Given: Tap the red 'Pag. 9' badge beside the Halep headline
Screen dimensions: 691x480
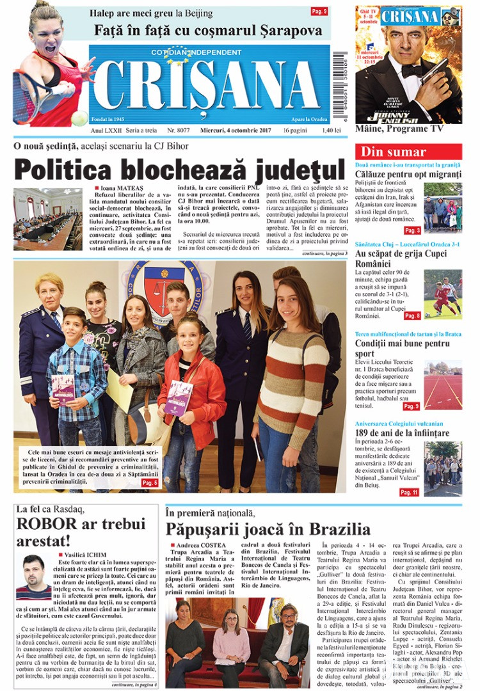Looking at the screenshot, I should pyautogui.click(x=319, y=12).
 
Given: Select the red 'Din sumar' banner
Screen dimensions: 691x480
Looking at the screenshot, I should pyautogui.click(x=394, y=152).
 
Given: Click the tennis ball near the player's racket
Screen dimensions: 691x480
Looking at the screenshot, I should pyautogui.click(x=79, y=118).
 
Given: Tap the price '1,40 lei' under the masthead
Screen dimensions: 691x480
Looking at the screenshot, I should pyautogui.click(x=314, y=131).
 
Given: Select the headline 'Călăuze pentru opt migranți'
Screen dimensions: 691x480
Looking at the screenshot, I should pyautogui.click(x=408, y=174).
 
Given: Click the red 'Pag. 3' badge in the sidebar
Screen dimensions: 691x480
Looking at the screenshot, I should pyautogui.click(x=412, y=230).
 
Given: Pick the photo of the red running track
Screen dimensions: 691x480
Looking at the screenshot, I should pyautogui.click(x=442, y=384).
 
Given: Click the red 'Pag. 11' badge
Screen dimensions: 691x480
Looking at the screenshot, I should pyautogui.click(x=409, y=492).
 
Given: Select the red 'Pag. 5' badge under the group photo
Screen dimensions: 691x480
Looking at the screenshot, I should pyautogui.click(x=150, y=482).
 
